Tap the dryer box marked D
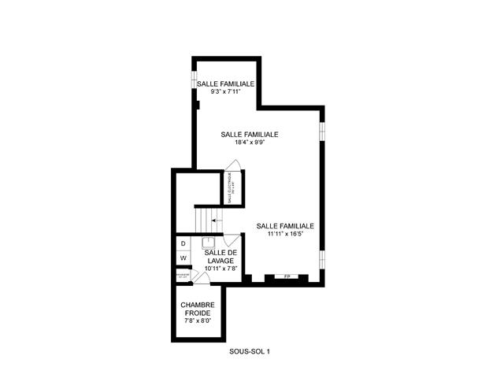click(x=183, y=244)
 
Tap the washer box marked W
click(x=183, y=258)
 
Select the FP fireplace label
click(x=287, y=277)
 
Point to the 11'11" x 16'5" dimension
click(x=285, y=233)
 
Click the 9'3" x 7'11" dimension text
click(x=225, y=92)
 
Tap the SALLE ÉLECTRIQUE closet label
click(x=232, y=189)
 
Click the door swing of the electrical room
click(x=234, y=166)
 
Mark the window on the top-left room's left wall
click(x=194, y=83)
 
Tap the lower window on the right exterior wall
click(x=321, y=259)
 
